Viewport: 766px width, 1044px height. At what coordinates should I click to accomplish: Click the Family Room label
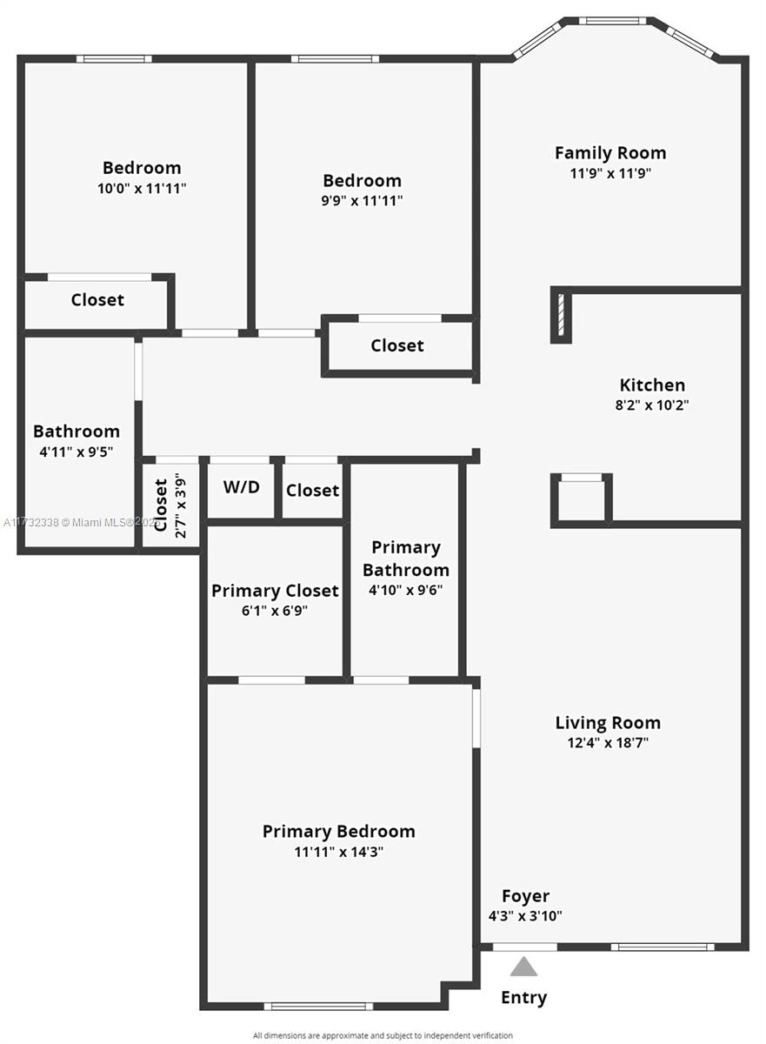click(610, 153)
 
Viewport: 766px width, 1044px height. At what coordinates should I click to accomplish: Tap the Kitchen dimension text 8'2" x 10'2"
click(652, 405)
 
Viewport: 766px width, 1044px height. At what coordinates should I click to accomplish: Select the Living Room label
click(608, 723)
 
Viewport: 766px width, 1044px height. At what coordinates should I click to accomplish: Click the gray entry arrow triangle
click(523, 966)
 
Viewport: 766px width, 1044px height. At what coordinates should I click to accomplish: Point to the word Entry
click(523, 997)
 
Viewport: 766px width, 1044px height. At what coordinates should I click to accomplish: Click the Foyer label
click(525, 896)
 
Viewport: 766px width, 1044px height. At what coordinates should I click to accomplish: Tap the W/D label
click(241, 487)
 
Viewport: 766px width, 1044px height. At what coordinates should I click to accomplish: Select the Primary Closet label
click(275, 591)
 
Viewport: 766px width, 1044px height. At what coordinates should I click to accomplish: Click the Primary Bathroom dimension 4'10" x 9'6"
click(405, 590)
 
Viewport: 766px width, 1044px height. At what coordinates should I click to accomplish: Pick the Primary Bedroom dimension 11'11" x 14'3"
click(339, 852)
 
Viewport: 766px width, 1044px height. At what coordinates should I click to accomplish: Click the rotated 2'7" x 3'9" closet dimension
click(180, 505)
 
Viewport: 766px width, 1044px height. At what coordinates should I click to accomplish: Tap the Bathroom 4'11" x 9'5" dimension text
click(77, 452)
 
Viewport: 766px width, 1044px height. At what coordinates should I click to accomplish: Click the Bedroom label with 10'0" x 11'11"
click(142, 168)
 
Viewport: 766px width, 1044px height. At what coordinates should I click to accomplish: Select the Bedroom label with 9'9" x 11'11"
click(362, 181)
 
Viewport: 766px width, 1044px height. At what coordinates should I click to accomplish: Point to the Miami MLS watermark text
click(78, 523)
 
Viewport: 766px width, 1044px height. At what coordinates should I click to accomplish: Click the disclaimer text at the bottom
click(383, 1035)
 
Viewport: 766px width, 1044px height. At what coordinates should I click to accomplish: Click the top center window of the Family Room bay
click(612, 20)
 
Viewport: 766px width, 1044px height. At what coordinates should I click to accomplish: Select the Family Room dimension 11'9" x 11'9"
click(610, 173)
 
